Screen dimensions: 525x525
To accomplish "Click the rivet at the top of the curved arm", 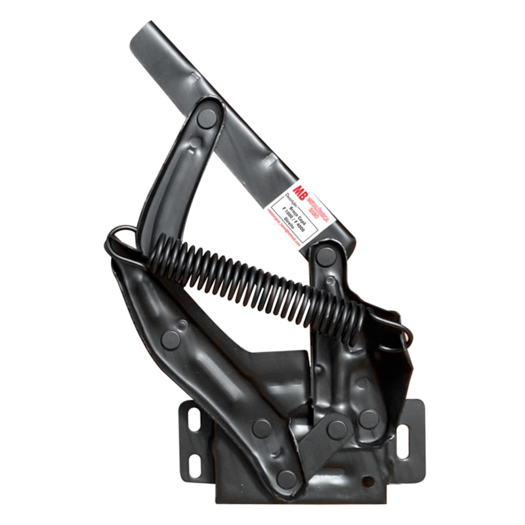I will pos(207,118).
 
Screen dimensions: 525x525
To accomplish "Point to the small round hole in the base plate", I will pos(368,482).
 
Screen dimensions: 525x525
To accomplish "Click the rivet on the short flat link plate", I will pos(337,430).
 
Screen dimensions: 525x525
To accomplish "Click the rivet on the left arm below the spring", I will pos(171,340).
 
